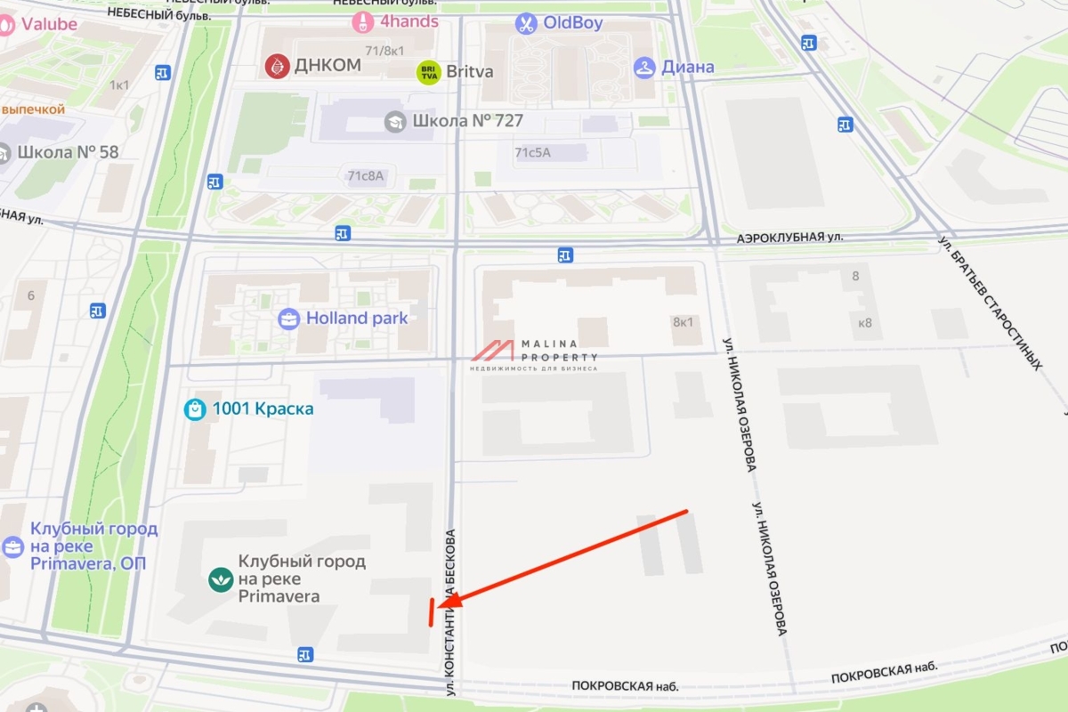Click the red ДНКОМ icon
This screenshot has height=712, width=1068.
point(278,65)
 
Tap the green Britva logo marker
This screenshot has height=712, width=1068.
point(429,72)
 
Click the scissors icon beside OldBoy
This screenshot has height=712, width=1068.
point(527,23)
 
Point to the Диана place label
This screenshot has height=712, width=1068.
point(686,67)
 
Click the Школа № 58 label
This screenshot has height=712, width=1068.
point(68,152)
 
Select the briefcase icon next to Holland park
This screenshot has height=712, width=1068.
point(288,319)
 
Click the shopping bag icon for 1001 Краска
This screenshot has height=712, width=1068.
point(195,409)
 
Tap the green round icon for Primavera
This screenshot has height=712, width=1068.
point(220,579)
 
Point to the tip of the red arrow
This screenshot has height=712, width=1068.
point(439,607)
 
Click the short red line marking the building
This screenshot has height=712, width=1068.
point(431,612)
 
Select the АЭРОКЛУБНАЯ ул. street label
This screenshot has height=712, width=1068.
point(789,239)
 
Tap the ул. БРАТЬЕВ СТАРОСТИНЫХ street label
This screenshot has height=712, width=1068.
point(990,303)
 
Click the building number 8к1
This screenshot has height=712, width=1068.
point(683,321)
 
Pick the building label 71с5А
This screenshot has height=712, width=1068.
point(532,152)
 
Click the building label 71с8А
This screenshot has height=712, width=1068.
point(365,176)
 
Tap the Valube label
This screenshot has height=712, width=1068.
point(50,24)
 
